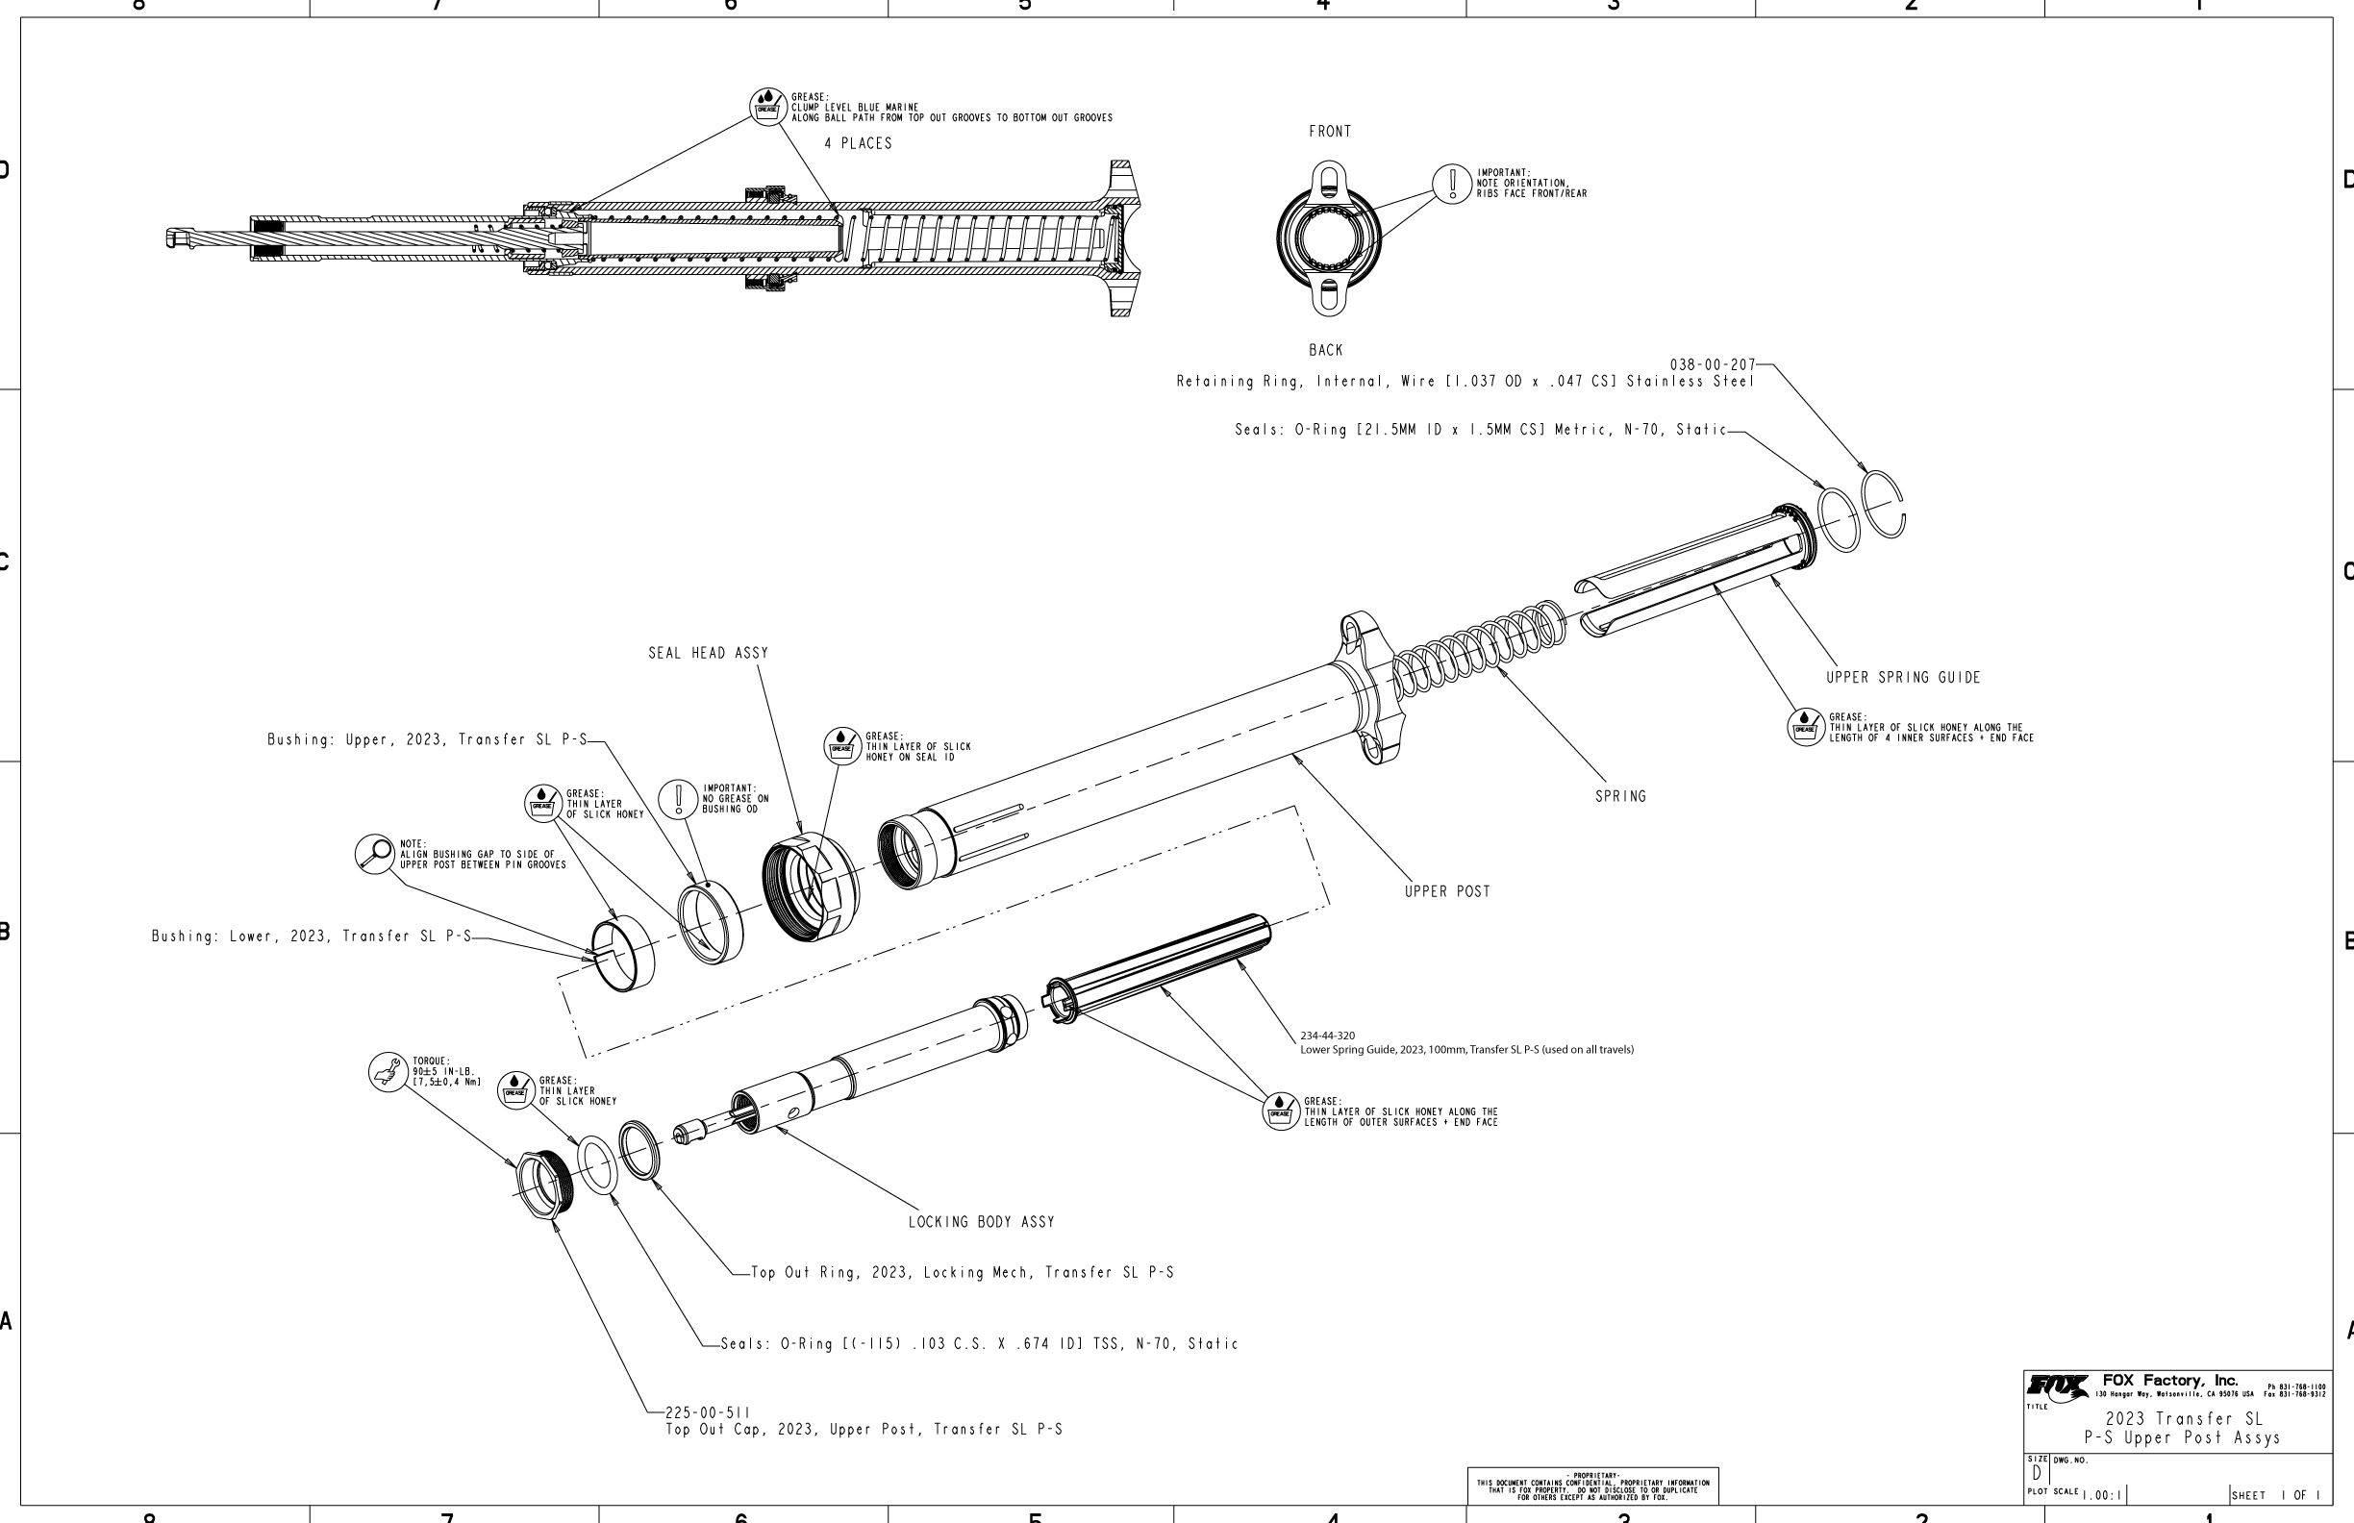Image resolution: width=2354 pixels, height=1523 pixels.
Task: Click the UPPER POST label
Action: click(x=1447, y=891)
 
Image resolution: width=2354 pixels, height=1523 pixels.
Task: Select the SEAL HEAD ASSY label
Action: click(x=708, y=653)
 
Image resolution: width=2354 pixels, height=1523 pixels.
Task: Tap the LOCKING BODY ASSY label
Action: click(x=981, y=1222)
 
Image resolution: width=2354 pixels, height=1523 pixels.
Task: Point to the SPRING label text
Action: click(x=1620, y=796)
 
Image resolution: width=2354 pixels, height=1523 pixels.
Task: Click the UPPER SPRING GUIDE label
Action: click(x=1903, y=678)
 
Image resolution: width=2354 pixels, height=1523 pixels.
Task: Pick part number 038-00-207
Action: click(x=1712, y=365)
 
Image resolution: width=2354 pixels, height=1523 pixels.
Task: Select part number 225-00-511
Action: click(x=707, y=1412)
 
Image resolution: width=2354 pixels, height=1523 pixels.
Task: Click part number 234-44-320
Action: click(x=1327, y=1036)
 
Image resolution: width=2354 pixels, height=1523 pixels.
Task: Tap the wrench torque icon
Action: click(x=388, y=1071)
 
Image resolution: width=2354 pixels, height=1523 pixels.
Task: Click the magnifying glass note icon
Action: click(x=375, y=854)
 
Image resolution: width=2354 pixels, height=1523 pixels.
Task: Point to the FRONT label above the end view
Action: click(x=1329, y=132)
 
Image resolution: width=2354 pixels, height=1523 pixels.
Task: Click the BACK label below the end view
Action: click(x=1325, y=350)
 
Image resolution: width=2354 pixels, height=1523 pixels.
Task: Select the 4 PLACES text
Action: click(x=858, y=143)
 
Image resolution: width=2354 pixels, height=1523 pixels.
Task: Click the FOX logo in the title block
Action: click(x=2056, y=1387)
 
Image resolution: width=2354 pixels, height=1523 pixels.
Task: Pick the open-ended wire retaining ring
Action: click(x=1883, y=505)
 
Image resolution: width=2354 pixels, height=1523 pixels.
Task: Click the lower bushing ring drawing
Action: click(x=623, y=954)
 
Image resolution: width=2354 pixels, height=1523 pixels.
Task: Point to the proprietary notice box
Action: click(x=1592, y=1486)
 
